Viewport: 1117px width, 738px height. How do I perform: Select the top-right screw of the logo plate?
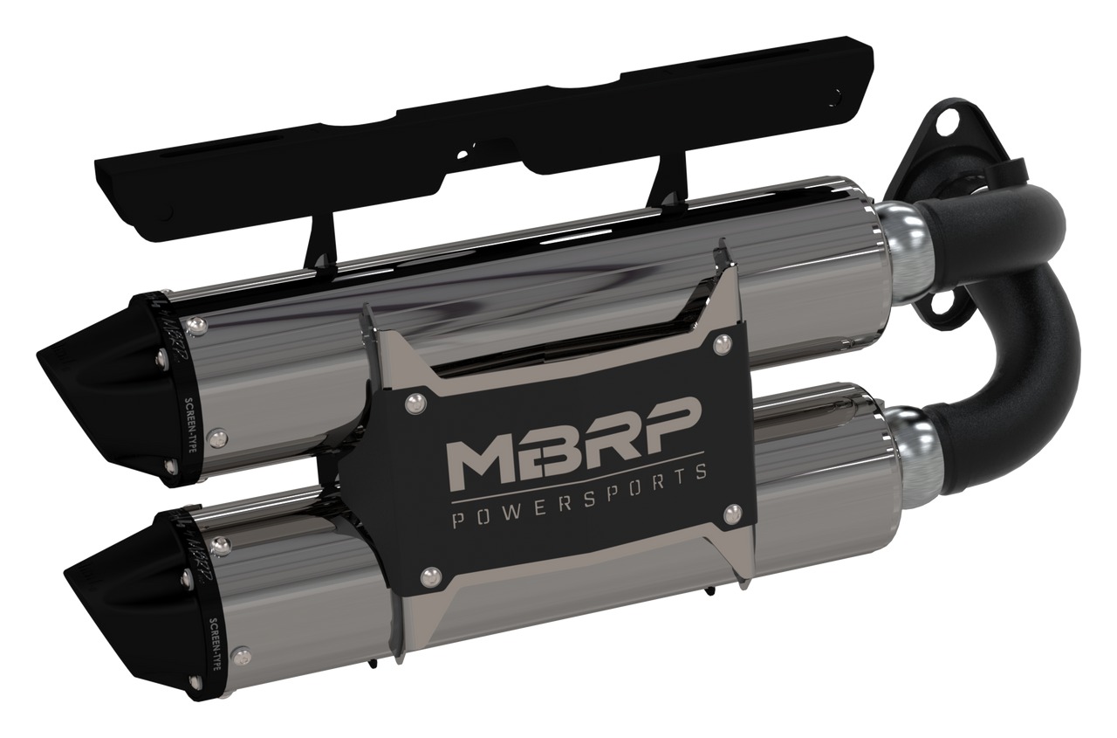(722, 344)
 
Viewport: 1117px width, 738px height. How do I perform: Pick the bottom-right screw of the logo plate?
(730, 515)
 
